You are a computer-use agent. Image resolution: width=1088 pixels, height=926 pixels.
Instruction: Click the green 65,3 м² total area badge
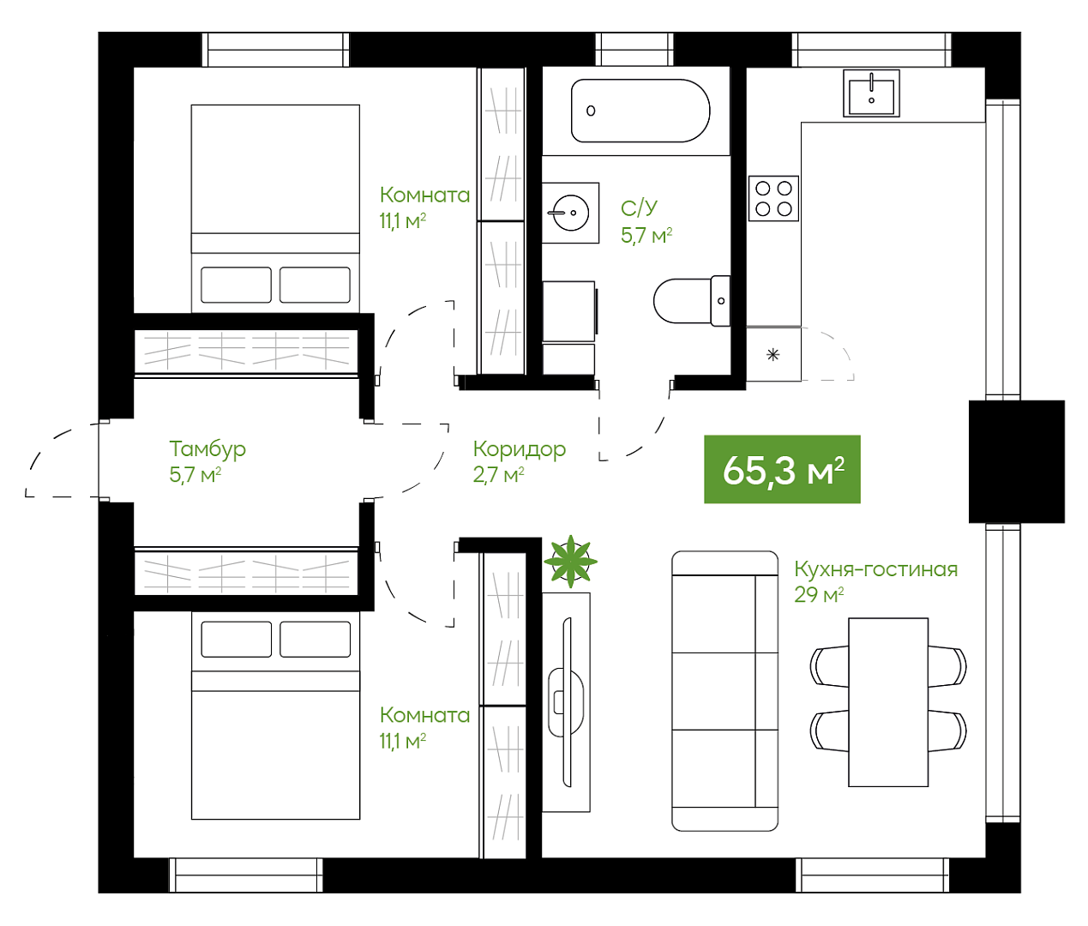pos(782,469)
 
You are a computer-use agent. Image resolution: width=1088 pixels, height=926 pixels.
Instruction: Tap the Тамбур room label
pos(207,449)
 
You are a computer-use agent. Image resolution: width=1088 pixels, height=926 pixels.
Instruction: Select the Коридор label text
pos(519,449)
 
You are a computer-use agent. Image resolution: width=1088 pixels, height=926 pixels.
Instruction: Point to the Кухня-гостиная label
pos(876,568)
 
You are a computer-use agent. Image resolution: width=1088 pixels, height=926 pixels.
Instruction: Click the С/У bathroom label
pos(639,208)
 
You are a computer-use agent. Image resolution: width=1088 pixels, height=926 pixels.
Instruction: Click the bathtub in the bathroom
pos(640,111)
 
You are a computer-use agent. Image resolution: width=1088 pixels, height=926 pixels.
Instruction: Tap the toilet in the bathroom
pos(692,301)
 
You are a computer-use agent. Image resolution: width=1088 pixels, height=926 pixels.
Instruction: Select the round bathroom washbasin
pos(571,213)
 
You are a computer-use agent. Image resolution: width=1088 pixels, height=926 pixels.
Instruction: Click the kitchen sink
pos(871,93)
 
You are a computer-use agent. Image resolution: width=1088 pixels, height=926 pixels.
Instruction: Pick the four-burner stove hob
pos(773,198)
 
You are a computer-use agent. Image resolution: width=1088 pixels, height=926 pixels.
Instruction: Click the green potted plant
pos(571,562)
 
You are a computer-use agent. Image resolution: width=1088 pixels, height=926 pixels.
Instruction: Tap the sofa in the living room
pos(724,691)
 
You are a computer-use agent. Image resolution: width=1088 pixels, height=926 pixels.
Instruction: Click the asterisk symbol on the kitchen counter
pos(772,355)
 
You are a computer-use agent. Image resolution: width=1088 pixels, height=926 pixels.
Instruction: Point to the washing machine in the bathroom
pos(569,311)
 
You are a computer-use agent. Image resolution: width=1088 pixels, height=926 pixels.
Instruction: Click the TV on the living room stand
pos(567,702)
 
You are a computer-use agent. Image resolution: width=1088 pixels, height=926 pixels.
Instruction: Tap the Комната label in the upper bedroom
pos(424,195)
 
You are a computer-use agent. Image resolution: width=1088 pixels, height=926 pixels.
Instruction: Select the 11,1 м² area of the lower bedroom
pos(403,741)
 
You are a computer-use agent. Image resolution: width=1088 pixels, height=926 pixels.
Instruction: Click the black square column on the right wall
pos(1017,461)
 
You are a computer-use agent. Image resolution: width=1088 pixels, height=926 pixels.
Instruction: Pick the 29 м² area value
pos(819,595)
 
